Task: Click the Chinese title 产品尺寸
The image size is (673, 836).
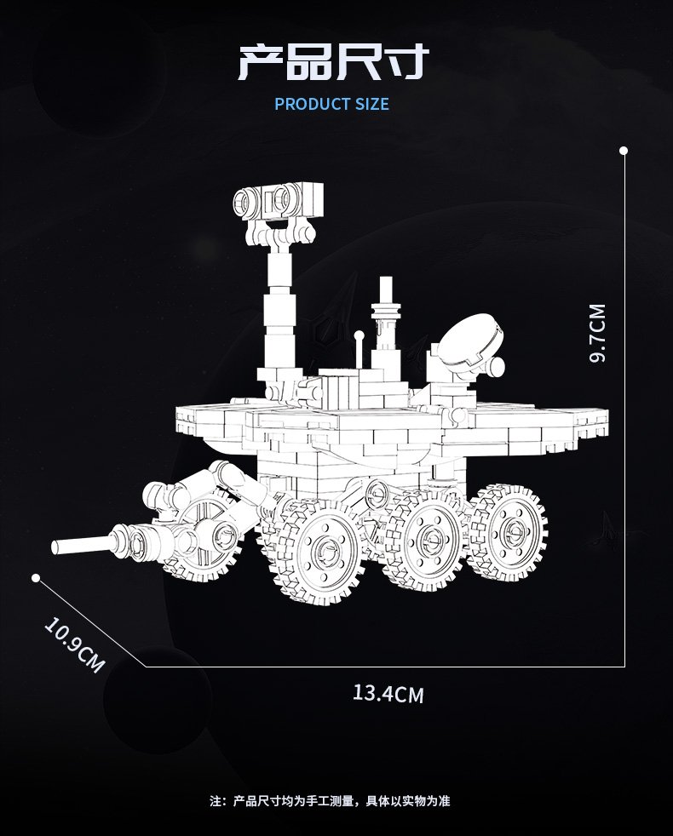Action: (333, 62)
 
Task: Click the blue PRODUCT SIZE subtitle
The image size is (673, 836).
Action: (331, 104)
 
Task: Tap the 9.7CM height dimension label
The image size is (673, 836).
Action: (597, 333)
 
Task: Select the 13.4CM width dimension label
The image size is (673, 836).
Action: (388, 694)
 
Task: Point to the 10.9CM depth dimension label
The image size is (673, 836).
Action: (74, 644)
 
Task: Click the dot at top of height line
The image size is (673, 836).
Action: (624, 151)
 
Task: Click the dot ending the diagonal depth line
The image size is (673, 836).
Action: (36, 578)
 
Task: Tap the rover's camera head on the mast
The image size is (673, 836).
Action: (279, 201)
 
